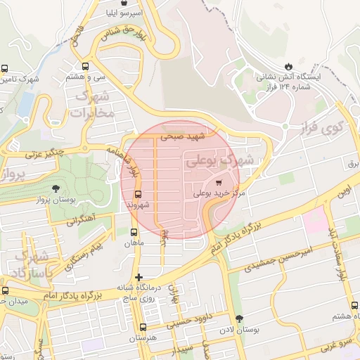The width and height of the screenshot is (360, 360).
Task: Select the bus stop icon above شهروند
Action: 137,194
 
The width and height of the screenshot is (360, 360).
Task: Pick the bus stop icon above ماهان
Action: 134,231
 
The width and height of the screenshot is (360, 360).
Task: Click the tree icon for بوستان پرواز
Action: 56,188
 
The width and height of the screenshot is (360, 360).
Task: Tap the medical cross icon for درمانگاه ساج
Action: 139,277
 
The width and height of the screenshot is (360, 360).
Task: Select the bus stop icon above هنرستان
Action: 143,327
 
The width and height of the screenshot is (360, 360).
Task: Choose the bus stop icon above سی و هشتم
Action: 85,63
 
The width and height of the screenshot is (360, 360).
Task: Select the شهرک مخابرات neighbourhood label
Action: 91,103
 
